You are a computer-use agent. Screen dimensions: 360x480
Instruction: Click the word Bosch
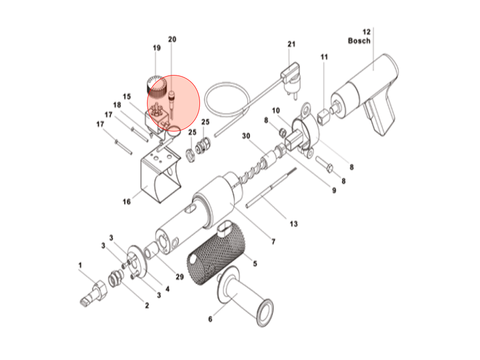point(359,40)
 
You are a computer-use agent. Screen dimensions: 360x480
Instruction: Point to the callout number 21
point(291,44)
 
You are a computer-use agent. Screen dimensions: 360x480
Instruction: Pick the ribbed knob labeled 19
point(156,86)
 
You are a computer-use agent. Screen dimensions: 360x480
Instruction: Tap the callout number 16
point(126,201)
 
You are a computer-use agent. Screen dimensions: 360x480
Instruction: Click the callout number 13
point(293,223)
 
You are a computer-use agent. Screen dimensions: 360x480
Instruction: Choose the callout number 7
point(273,242)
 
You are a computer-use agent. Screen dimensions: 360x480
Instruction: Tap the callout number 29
point(179,277)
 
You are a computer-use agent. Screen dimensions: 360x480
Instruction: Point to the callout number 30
point(245,135)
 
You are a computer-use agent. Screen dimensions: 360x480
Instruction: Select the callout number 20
point(172,39)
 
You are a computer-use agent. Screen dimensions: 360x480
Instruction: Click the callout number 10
point(275,110)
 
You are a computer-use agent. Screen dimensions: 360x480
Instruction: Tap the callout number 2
point(146,305)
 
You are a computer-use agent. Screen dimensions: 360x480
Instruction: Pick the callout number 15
point(126,96)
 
